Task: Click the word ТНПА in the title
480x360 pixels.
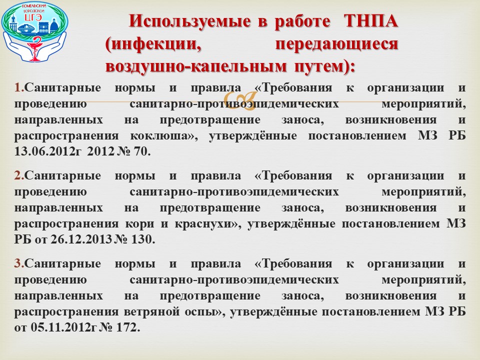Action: (x=370, y=21)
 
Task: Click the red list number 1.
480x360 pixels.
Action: (x=19, y=87)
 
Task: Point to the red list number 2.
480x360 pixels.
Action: (x=19, y=175)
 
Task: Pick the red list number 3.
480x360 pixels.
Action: (x=19, y=263)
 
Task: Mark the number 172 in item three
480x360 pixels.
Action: (x=128, y=327)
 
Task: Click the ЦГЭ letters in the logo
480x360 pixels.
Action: (x=33, y=17)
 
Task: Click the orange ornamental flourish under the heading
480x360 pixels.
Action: (x=240, y=100)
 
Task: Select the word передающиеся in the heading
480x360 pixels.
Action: (x=336, y=44)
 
